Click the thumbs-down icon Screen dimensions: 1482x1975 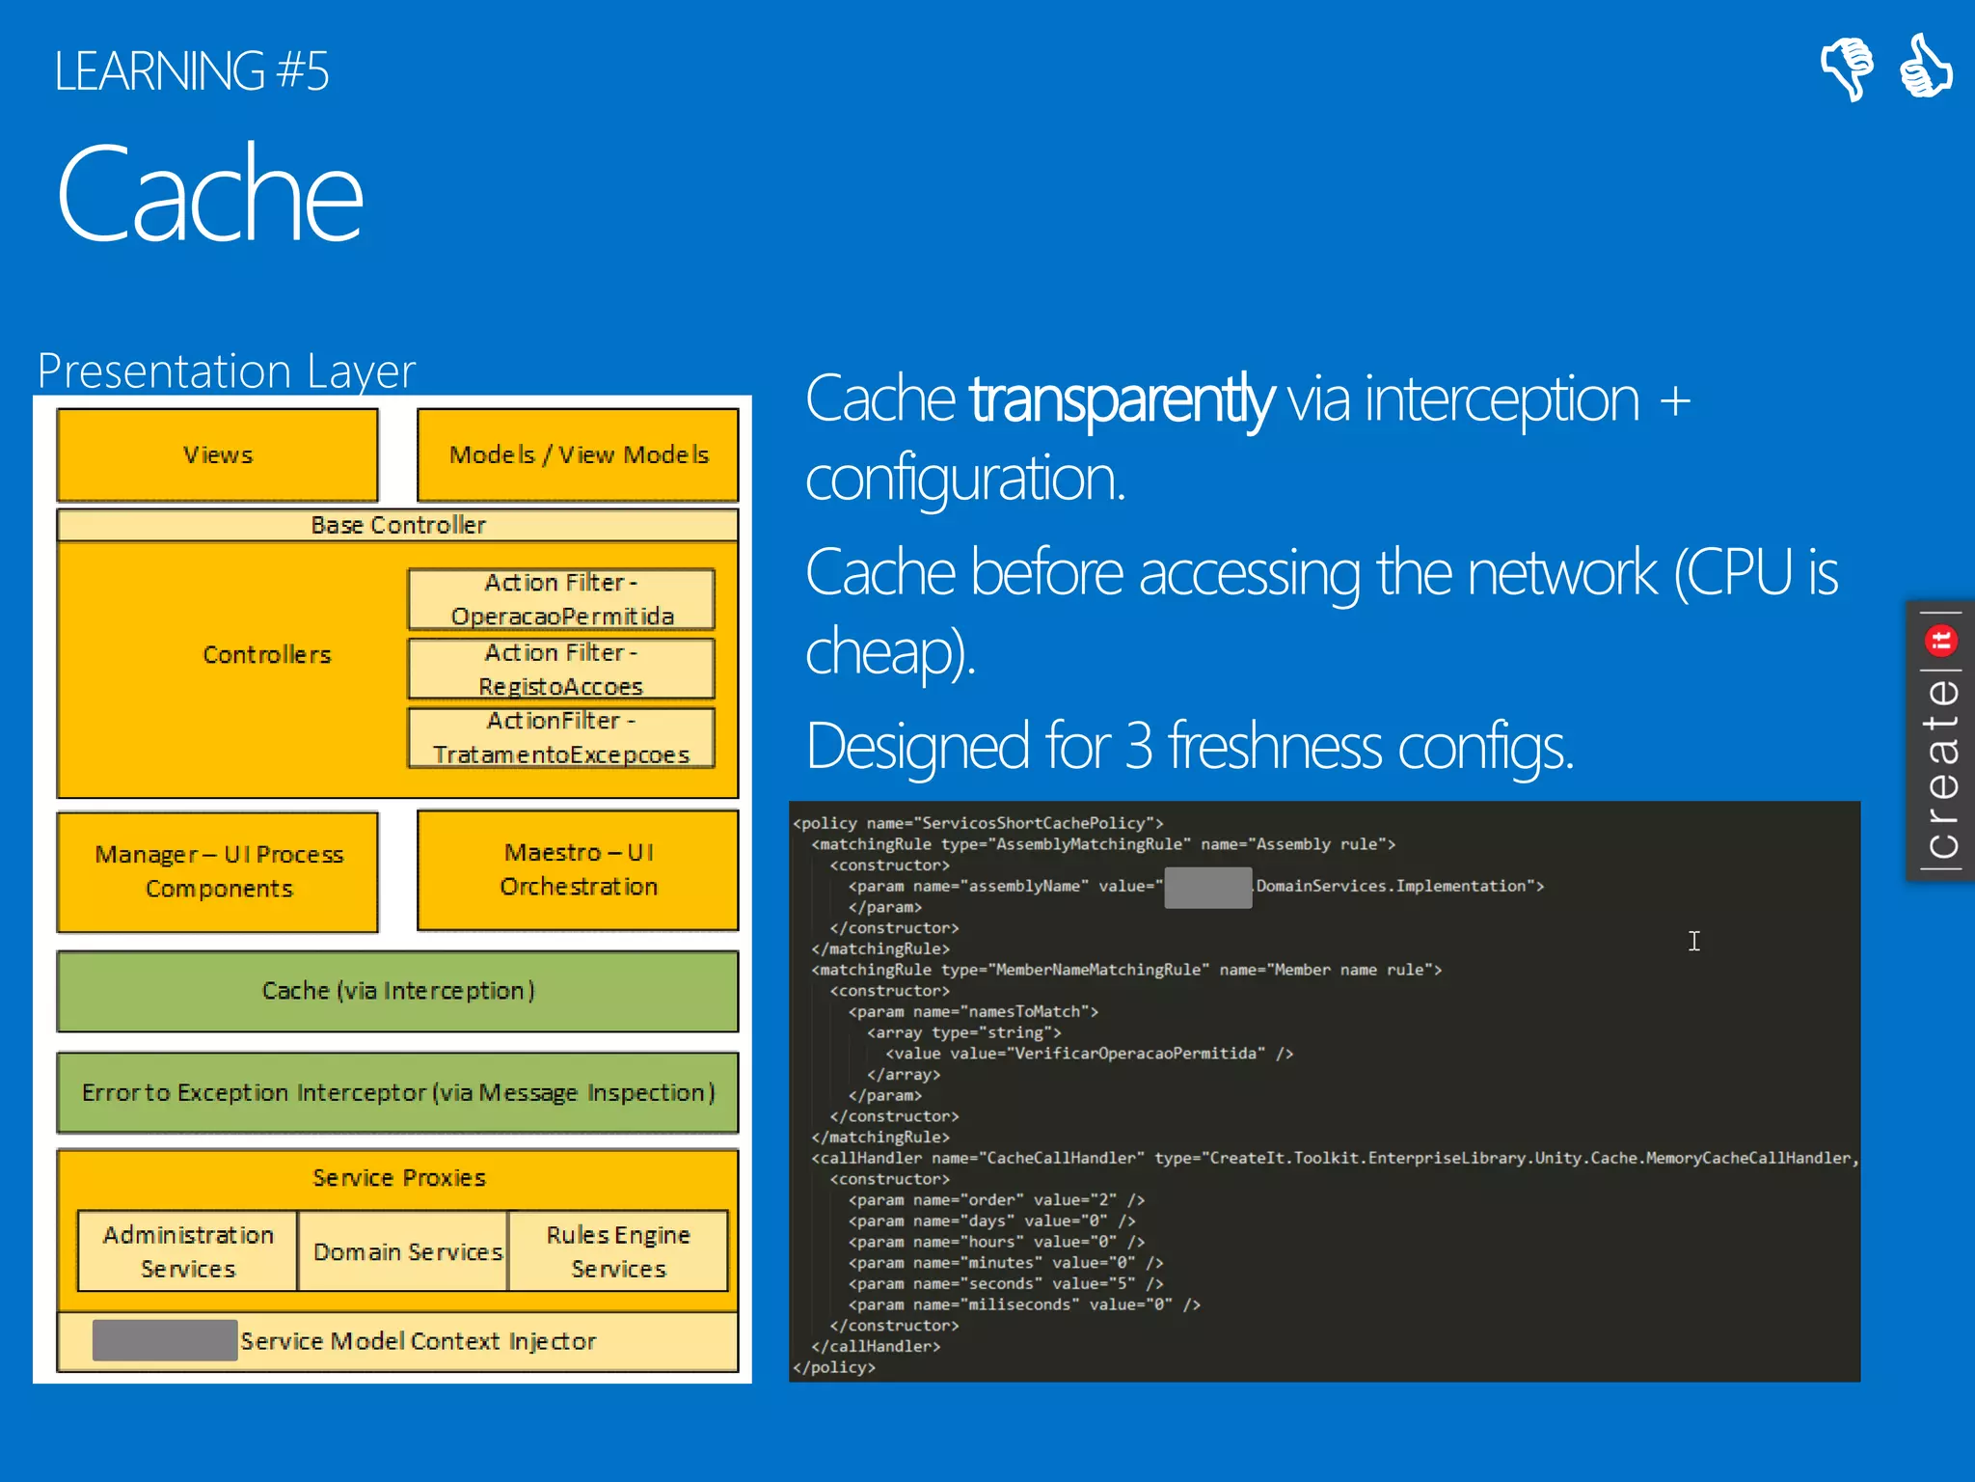(x=1847, y=68)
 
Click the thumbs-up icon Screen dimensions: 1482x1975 (x=1925, y=66)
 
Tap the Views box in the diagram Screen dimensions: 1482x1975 (x=218, y=454)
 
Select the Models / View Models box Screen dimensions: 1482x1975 (x=579, y=454)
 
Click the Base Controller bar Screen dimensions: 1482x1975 (x=398, y=525)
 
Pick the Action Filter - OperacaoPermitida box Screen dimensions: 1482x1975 (x=561, y=599)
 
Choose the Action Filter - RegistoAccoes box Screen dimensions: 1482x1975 (x=561, y=669)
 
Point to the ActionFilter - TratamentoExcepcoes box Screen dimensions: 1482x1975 (x=561, y=738)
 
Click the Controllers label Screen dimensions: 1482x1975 (x=267, y=655)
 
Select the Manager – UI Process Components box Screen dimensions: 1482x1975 (x=218, y=871)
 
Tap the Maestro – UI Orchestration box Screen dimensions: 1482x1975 (x=579, y=869)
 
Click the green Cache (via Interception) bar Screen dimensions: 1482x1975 (x=398, y=991)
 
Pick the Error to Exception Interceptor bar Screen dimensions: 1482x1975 (x=398, y=1092)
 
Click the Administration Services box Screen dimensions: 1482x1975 (x=188, y=1251)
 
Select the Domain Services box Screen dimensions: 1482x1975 (x=407, y=1251)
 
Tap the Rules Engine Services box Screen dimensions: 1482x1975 (x=618, y=1251)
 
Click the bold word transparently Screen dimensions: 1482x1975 (x=1122, y=399)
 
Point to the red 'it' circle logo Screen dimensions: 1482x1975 (x=1941, y=640)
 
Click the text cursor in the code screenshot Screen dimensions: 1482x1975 (x=1694, y=941)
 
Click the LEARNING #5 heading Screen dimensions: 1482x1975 (x=192, y=71)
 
